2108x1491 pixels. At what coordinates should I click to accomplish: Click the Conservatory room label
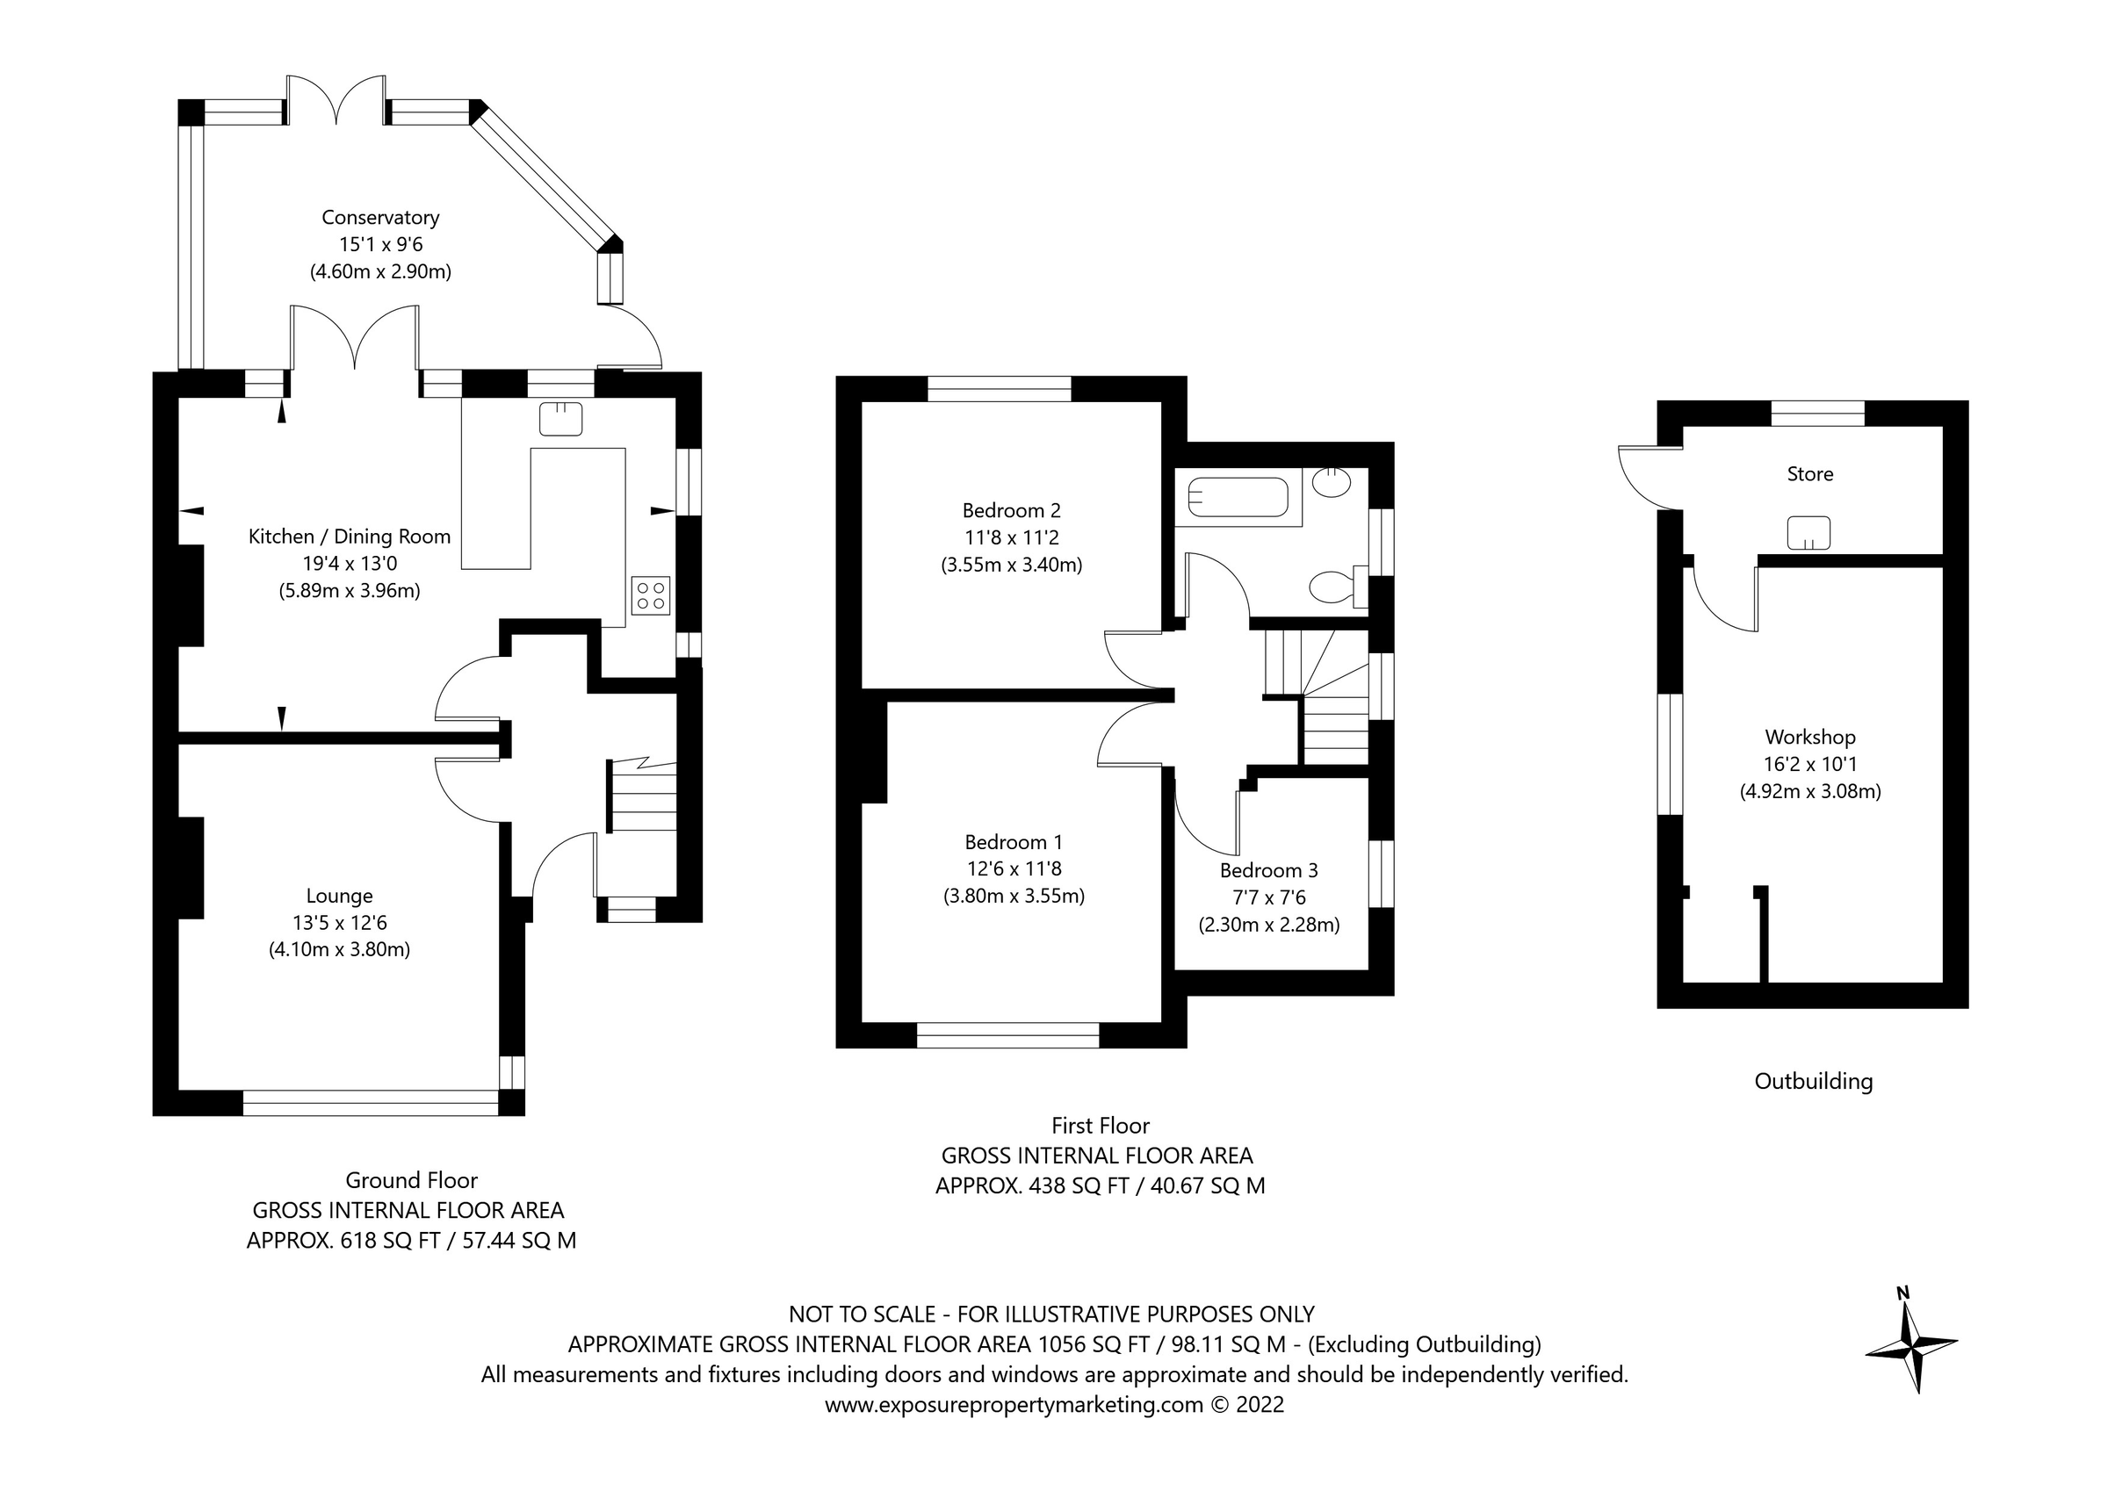[x=380, y=218]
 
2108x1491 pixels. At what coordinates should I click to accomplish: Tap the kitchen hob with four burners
[x=651, y=595]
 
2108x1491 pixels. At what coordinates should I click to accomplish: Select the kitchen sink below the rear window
[x=561, y=419]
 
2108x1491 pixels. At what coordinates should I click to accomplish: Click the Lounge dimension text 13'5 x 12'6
[x=340, y=923]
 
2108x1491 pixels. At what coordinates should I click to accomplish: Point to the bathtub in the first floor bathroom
[x=1238, y=501]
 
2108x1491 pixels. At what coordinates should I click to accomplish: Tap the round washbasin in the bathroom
[x=1331, y=482]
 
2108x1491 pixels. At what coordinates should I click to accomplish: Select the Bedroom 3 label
[x=1269, y=870]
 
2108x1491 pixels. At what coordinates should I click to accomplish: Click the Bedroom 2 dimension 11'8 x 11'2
[x=1011, y=538]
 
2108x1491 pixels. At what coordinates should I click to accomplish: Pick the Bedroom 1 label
[x=1014, y=842]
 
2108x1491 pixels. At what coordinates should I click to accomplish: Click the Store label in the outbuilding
[x=1809, y=475]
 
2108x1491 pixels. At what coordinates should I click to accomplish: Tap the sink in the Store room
[x=1808, y=533]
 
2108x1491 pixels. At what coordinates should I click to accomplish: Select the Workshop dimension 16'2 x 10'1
[x=1809, y=764]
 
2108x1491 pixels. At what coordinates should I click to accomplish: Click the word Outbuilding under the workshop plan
[x=1813, y=1082]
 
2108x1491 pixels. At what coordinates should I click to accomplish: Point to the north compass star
[x=1911, y=1347]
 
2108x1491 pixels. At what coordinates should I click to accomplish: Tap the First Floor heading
[x=1100, y=1126]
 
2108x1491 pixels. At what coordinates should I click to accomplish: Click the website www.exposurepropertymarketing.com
[x=1013, y=1405]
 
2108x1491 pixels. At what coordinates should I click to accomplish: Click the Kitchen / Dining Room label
[x=350, y=537]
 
